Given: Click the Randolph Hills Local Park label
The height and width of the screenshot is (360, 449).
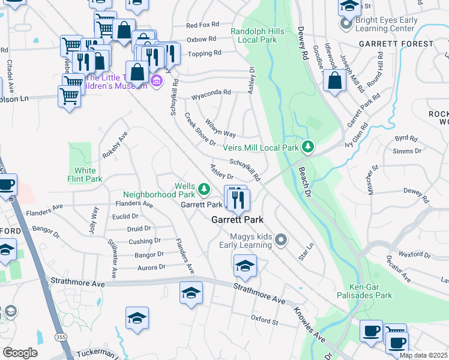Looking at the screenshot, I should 255,35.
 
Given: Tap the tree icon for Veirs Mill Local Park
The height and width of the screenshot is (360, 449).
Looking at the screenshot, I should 308,146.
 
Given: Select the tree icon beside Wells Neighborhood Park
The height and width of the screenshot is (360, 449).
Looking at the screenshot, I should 205,190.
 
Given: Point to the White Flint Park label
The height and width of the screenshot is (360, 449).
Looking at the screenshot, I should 85,175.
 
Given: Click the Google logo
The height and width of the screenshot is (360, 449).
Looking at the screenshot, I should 20,352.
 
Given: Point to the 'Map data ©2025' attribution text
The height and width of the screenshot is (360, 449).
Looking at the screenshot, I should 423,355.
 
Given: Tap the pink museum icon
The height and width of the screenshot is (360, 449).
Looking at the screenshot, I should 157,80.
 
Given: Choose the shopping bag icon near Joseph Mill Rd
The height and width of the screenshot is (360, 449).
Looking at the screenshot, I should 334,80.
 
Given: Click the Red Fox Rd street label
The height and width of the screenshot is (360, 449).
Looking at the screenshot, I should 203,25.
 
